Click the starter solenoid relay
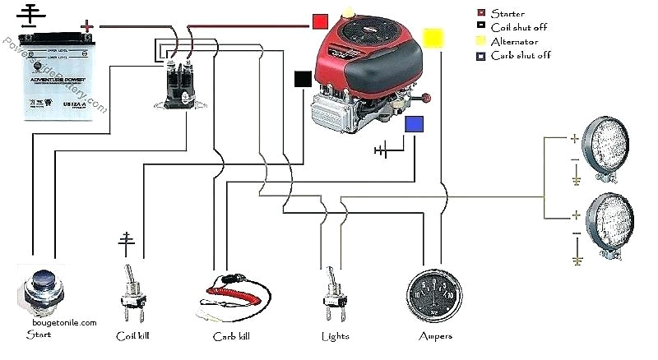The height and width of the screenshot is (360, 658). (x=176, y=81)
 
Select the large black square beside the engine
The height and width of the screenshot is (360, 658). (x=303, y=79)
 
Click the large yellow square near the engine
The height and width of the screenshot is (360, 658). (x=433, y=38)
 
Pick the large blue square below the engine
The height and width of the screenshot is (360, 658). (x=415, y=124)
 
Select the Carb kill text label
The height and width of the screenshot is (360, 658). (x=233, y=336)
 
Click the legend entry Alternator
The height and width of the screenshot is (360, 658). (x=514, y=41)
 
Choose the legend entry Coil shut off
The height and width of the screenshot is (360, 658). (x=518, y=27)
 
